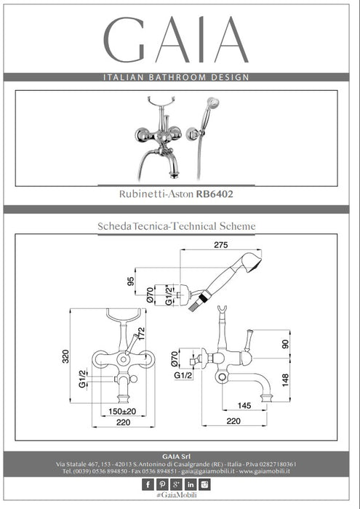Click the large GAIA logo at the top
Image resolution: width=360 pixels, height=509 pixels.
[x=176, y=39]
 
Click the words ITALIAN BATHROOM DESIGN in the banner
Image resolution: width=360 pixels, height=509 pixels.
[x=176, y=77]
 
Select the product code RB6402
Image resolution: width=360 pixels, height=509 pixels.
[x=215, y=194]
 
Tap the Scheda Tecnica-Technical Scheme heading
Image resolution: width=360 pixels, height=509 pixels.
[x=177, y=226]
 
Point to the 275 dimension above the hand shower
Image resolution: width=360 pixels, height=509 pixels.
[x=221, y=245]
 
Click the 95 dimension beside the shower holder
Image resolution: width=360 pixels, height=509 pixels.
[x=130, y=281]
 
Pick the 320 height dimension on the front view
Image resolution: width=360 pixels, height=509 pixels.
[x=66, y=356]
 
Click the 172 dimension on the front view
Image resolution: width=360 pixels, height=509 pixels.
[x=141, y=334]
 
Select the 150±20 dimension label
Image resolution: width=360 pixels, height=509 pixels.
[x=122, y=412]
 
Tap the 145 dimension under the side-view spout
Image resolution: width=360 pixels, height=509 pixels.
[x=244, y=406]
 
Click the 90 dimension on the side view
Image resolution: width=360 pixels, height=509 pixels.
[x=285, y=344]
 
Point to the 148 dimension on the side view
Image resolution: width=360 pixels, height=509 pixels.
[x=285, y=380]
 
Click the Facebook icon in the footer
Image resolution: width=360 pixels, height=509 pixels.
[x=148, y=485]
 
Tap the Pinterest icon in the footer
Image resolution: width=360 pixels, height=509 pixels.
[x=162, y=485]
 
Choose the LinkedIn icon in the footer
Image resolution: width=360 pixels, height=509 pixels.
[x=191, y=485]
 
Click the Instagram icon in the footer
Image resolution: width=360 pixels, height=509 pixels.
[x=205, y=485]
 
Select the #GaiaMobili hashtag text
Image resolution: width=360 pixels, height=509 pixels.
[x=177, y=495]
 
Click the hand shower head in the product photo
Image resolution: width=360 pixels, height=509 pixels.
[x=213, y=103]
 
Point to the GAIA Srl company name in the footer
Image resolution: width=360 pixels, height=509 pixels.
[x=176, y=457]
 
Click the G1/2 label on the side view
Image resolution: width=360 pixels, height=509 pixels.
[x=183, y=376]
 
